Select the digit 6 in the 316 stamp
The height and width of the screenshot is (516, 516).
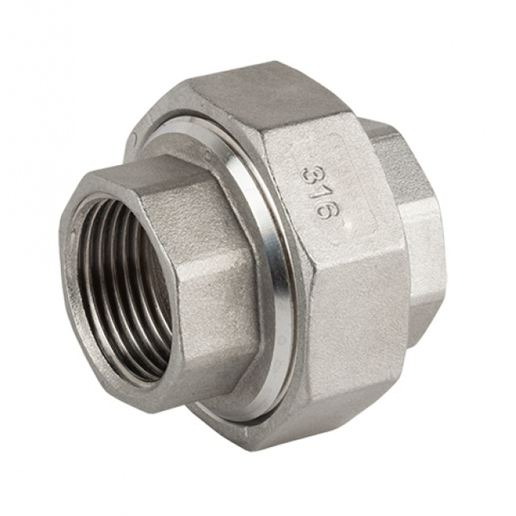pos(320,211)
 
